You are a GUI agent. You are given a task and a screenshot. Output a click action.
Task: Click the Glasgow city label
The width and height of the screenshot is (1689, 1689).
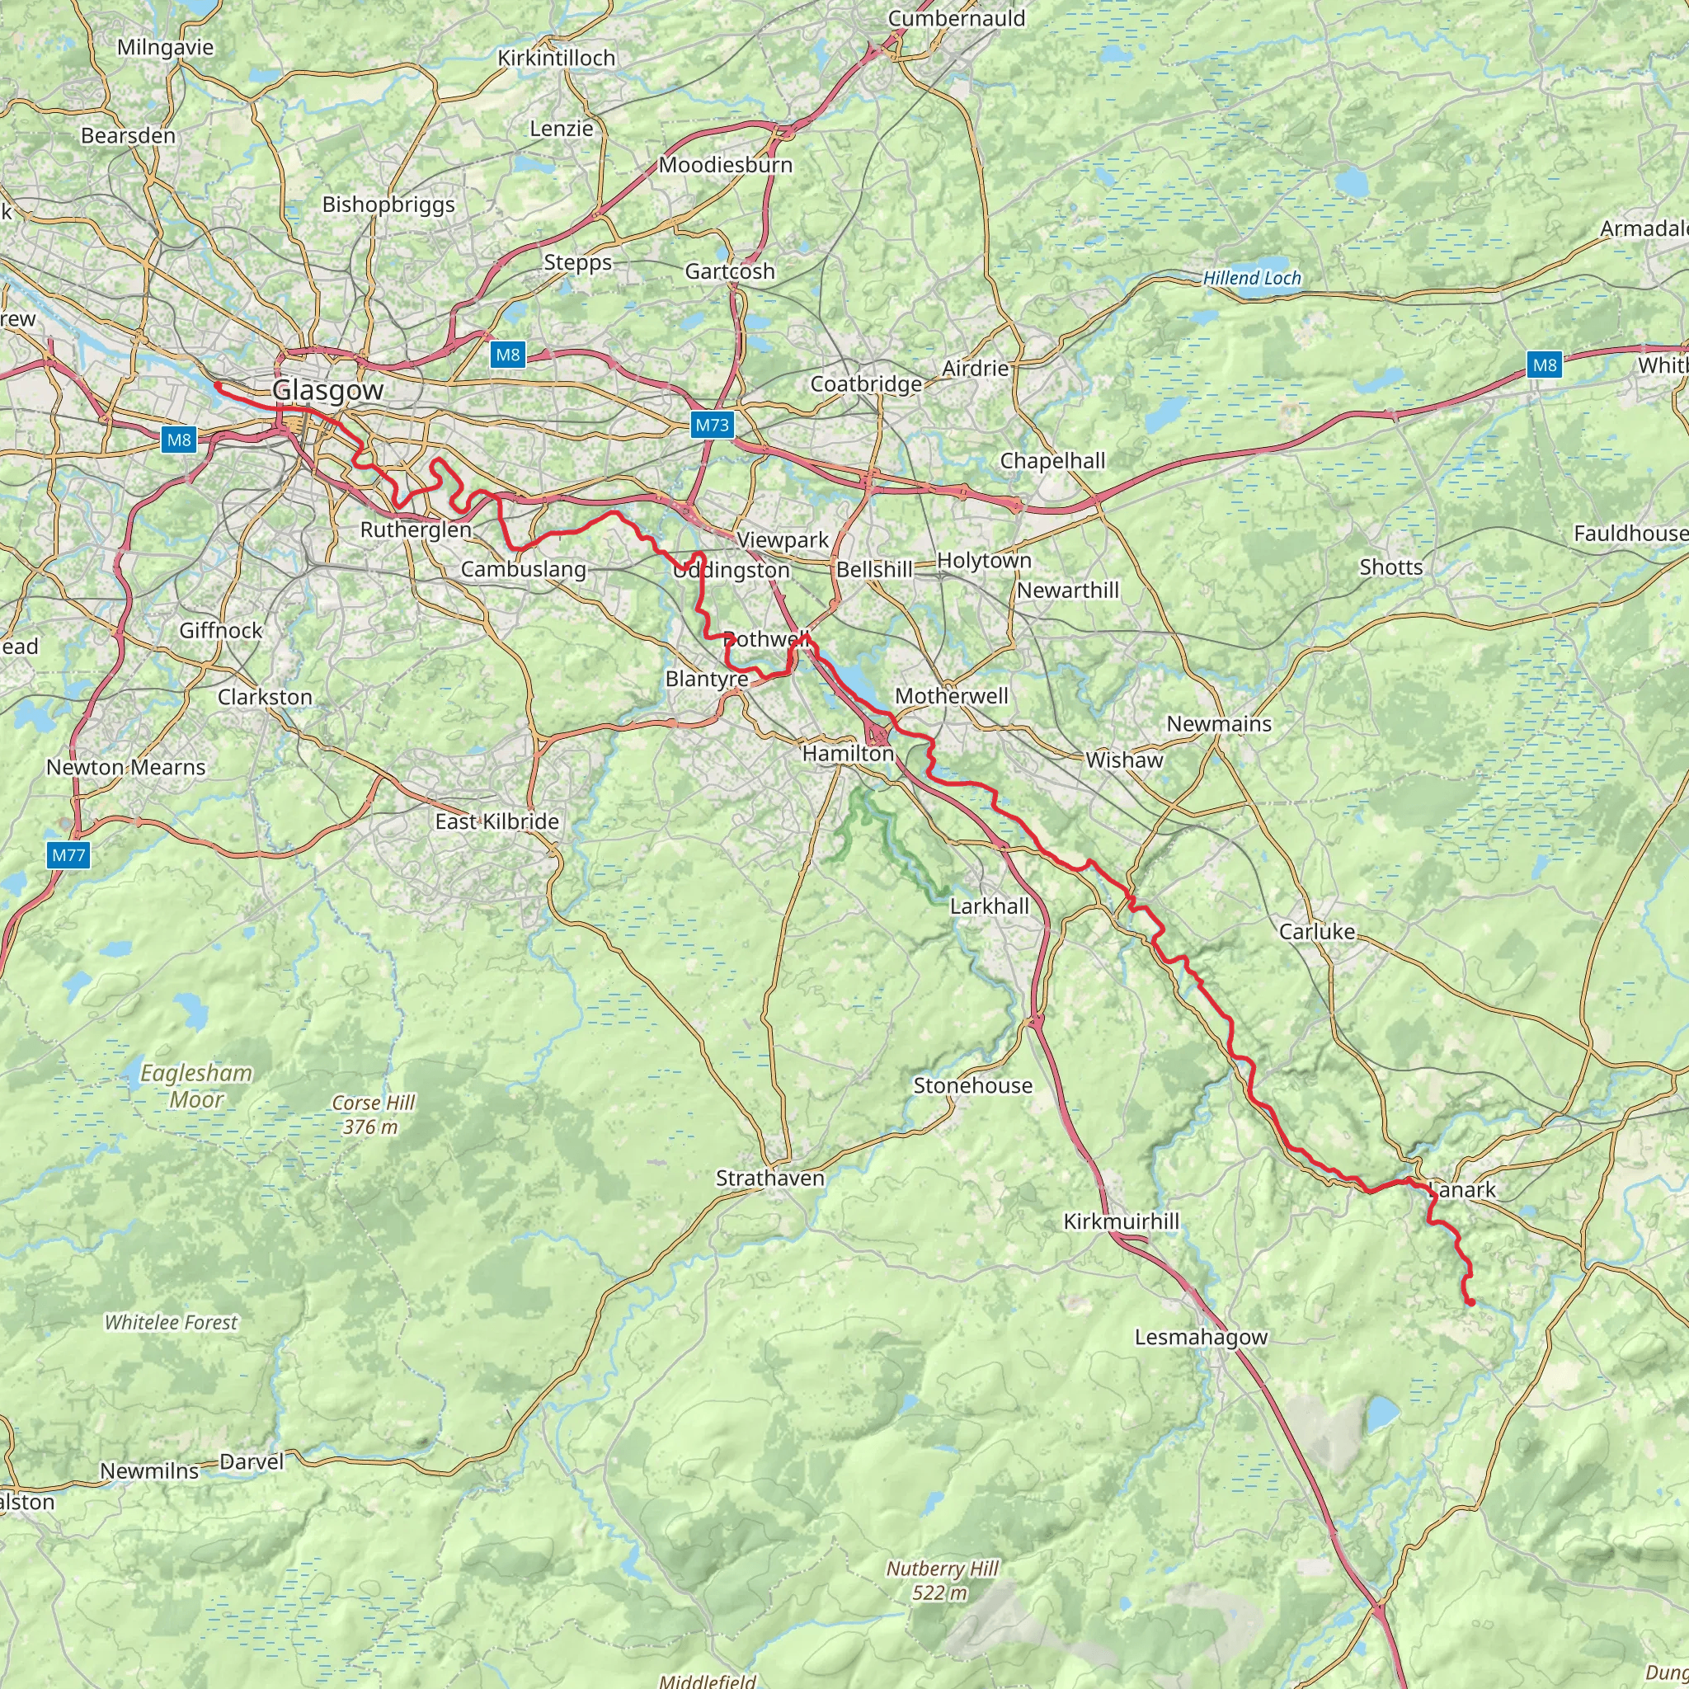point(328,390)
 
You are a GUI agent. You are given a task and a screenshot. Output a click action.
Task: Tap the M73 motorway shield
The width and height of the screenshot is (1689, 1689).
point(712,426)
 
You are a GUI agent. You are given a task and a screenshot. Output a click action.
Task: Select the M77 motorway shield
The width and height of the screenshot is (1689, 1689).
point(68,855)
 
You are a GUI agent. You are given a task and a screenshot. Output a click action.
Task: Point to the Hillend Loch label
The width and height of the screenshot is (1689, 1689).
point(1252,278)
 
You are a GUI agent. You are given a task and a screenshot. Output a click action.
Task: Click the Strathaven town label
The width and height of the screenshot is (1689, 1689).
point(770,1178)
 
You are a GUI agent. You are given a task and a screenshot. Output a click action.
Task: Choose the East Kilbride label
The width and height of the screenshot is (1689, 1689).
point(496,821)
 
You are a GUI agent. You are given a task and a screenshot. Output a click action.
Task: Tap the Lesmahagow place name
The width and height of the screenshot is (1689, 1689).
point(1200,1337)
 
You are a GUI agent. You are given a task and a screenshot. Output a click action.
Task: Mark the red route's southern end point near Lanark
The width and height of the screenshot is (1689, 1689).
point(1470,1302)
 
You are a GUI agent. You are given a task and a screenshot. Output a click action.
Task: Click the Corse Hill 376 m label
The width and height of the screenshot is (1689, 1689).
point(374,1115)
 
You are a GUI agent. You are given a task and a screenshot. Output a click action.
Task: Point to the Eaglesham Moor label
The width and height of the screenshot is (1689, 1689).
point(197,1086)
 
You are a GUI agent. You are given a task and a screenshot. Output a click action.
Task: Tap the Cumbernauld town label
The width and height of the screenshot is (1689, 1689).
point(957,18)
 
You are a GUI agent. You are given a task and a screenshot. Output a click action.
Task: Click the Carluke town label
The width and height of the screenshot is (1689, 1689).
point(1316,931)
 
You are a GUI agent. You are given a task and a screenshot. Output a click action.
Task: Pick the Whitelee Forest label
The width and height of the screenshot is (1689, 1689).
point(171,1323)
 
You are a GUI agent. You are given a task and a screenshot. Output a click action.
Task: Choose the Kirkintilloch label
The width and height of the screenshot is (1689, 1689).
point(557,58)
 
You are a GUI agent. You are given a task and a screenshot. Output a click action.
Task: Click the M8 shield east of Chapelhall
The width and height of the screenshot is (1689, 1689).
point(1545,365)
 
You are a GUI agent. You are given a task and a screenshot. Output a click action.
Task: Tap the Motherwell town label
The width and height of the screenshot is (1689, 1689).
point(951,696)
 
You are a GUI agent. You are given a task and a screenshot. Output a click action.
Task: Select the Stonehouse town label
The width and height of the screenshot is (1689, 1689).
point(973,1085)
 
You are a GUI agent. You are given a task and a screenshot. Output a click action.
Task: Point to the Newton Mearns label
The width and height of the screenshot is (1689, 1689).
point(126,767)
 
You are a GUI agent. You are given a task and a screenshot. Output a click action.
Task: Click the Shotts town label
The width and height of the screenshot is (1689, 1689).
point(1391,567)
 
